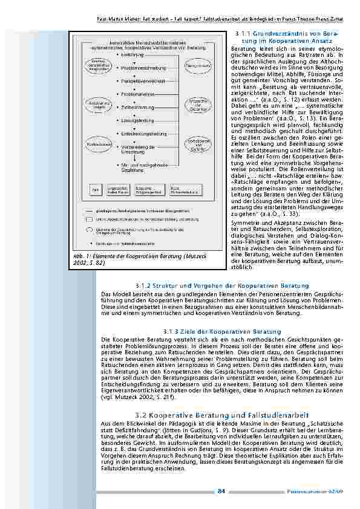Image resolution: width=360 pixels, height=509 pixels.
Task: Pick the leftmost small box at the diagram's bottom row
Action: pos(95,189)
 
